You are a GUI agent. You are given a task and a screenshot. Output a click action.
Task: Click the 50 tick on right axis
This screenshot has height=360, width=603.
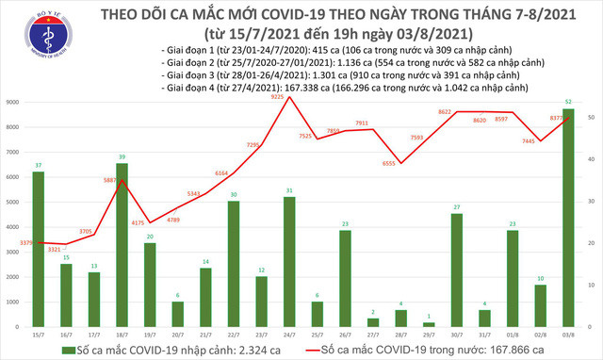coord(589,117)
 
